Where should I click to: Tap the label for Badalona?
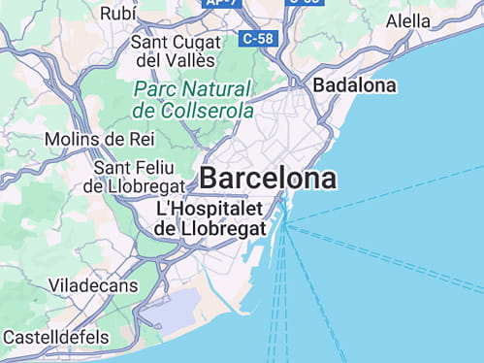pos(354,85)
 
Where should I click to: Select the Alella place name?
pos(408,21)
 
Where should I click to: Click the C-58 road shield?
pos(258,39)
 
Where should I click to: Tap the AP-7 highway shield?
pos(224,3)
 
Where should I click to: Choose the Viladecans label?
pos(93,286)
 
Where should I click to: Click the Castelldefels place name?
pos(55,337)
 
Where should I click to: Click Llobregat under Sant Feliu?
pos(146,185)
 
